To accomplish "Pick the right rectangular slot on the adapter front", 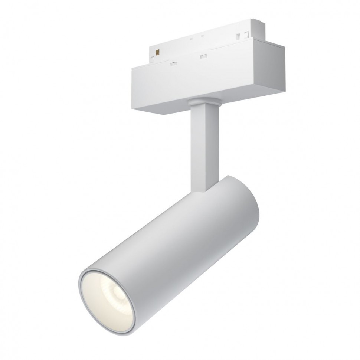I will pos(203,56).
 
